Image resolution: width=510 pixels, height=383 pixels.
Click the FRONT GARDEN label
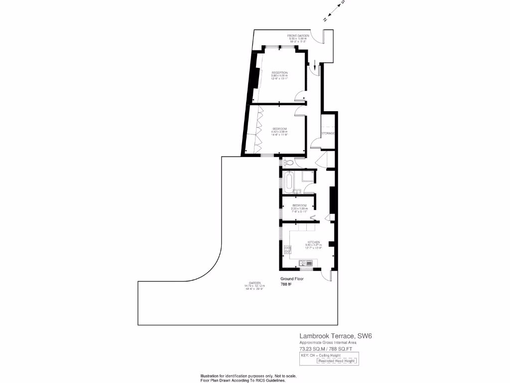[x=298, y=36]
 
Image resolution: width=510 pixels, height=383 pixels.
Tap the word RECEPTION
[x=279, y=73]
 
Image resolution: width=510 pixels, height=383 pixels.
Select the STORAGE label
[x=328, y=134]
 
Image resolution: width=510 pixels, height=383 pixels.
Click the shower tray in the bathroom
[x=307, y=176]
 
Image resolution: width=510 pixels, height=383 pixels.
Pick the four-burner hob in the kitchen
[x=287, y=250]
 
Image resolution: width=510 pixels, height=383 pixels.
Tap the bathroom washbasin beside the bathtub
[x=297, y=191]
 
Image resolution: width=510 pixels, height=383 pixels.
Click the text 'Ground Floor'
[x=292, y=279]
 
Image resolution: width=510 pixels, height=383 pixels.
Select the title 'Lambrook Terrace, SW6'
[x=335, y=337]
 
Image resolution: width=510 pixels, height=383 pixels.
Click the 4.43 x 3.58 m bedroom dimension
[x=279, y=132]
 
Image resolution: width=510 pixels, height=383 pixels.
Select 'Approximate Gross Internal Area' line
[x=328, y=343]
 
